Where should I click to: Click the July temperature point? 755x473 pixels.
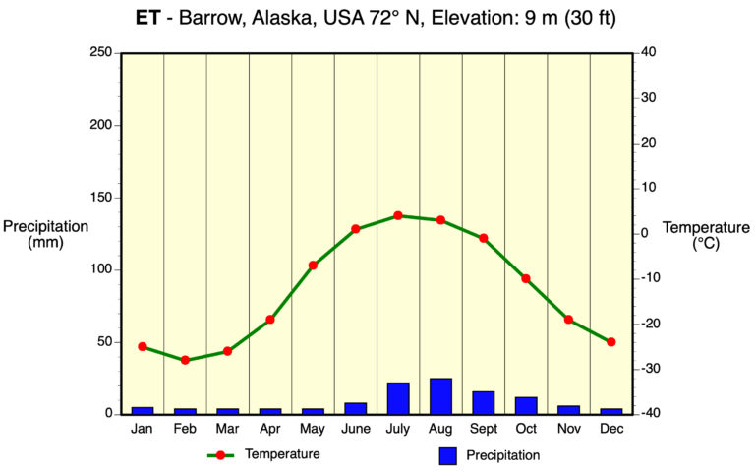click(398, 215)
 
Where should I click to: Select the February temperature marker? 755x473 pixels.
click(185, 360)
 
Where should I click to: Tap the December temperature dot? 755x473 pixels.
click(611, 342)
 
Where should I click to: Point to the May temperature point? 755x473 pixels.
click(313, 265)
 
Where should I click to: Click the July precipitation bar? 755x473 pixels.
click(398, 398)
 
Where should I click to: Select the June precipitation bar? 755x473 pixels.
click(355, 408)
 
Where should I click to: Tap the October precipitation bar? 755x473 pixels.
click(526, 405)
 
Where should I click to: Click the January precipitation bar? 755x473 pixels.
click(143, 410)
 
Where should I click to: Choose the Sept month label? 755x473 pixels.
click(483, 429)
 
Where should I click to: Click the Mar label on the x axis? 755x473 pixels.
click(227, 429)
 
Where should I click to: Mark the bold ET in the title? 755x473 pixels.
click(147, 18)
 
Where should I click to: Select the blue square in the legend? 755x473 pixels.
click(449, 455)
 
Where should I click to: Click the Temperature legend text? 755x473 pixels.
click(282, 454)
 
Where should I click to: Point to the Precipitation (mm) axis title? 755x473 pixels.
click(45, 234)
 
